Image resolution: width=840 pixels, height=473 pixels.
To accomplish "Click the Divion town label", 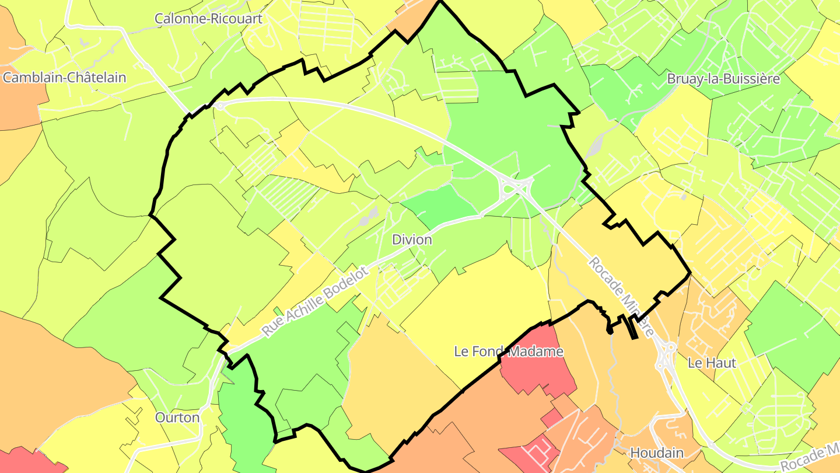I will tap(412, 239).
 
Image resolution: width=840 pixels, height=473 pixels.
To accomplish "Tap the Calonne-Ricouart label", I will tap(208, 18).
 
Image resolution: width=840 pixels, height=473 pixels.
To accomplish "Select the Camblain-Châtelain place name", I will tap(64, 77).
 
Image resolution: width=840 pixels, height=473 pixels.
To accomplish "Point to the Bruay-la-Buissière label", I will tap(723, 79).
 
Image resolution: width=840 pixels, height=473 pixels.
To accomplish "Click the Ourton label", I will tap(177, 418).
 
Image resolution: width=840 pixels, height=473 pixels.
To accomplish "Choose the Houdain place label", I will tap(657, 453).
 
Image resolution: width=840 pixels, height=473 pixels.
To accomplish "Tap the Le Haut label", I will tap(712, 363).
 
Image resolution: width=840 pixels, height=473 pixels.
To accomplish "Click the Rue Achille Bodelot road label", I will tap(316, 302).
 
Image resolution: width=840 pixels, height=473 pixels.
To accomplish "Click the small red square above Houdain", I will tap(551, 418).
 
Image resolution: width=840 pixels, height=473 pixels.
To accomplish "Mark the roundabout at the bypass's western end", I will tap(219, 106).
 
